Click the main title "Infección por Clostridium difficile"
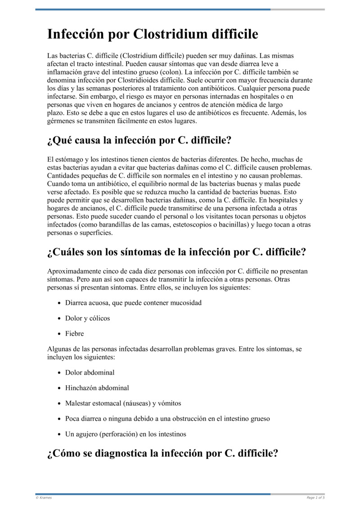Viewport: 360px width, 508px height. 153,34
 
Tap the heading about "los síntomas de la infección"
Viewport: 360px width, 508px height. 176,252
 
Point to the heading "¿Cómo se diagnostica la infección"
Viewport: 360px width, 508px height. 162,453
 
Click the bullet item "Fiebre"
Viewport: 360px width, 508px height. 74,334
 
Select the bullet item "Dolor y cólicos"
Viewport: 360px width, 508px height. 87,318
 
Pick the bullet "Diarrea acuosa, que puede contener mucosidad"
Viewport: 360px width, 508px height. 133,303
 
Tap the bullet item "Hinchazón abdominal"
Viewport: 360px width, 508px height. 97,388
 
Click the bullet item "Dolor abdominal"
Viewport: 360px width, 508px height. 90,372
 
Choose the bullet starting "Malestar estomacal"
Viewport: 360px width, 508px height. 123,403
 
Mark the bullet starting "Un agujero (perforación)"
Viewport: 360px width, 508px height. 126,434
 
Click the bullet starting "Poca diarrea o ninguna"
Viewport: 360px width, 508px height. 167,419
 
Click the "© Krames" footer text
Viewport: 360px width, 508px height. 44,498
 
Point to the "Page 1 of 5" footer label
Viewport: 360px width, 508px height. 315,498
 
